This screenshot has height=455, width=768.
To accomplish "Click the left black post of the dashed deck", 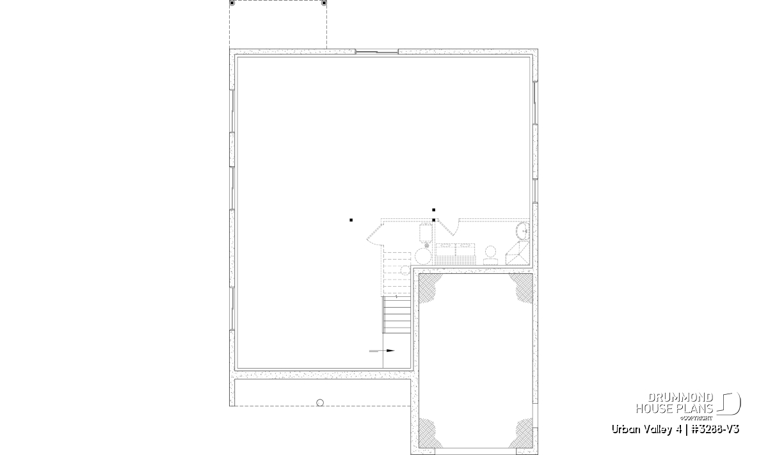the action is (232, 3).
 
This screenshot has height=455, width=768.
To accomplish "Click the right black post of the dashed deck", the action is (324, 3).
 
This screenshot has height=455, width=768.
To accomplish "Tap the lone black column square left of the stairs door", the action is (351, 220).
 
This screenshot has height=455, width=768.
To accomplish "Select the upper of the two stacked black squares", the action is (434, 210).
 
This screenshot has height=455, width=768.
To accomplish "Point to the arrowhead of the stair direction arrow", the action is (390, 351).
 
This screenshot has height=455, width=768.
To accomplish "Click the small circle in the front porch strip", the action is (320, 403).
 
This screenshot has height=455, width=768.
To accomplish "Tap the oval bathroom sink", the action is (523, 231).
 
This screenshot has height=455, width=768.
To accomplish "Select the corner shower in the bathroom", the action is (517, 253).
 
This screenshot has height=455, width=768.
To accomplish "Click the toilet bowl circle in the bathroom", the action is (491, 251).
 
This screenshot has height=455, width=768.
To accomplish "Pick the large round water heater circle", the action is (423, 256).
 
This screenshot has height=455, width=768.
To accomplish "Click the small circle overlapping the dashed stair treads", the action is (406, 270).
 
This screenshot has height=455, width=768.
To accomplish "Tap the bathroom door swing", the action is (450, 227).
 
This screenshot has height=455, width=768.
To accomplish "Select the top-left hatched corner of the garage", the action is (429, 287).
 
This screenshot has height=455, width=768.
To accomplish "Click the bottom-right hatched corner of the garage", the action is (523, 433).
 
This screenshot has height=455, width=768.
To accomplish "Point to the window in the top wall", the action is (376, 52).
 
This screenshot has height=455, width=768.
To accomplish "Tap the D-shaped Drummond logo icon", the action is (729, 404).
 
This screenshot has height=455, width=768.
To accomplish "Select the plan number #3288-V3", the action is (715, 429).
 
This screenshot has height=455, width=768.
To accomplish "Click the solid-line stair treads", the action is (397, 315).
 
